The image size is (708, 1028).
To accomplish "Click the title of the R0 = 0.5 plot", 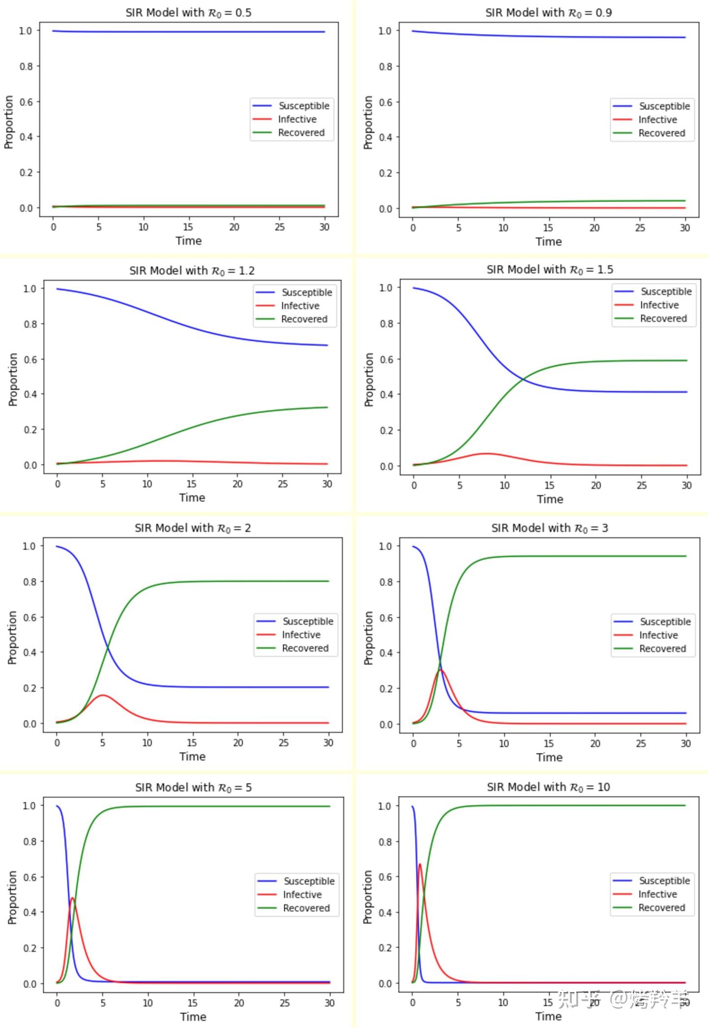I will [x=188, y=13].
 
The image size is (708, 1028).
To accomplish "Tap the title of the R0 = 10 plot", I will [x=548, y=787].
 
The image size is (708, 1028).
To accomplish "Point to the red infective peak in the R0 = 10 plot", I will [x=420, y=864].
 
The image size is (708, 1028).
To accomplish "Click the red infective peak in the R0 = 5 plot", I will [x=72, y=898].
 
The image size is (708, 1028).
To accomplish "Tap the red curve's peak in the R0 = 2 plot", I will [x=102, y=695].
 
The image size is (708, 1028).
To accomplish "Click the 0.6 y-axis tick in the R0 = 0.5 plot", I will [x=26, y=102].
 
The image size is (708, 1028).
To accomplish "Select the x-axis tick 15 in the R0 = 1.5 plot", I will [x=549, y=485].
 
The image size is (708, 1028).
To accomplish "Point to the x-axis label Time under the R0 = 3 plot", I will [x=549, y=757].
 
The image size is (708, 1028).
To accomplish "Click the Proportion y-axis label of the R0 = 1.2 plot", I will [x=13, y=379].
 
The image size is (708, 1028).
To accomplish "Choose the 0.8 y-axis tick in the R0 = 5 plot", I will [x=29, y=841].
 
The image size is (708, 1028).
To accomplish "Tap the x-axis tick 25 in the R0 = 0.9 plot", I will [x=640, y=228].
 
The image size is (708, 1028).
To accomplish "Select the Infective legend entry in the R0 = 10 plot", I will [x=657, y=894].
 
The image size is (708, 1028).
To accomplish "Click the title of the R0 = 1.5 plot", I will [x=550, y=270].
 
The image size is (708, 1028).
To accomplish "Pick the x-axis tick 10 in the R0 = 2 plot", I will [x=147, y=743].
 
